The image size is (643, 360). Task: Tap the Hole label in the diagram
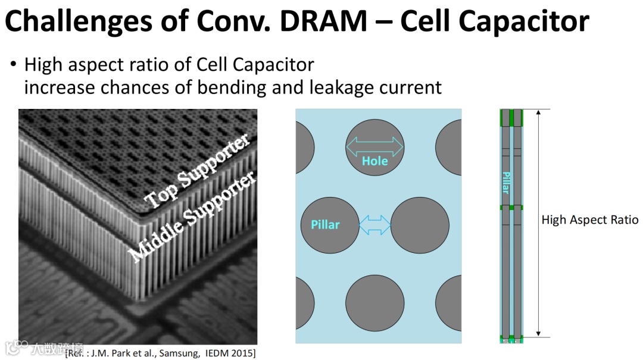pyautogui.click(x=374, y=161)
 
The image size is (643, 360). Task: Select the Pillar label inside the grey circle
pyautogui.click(x=325, y=225)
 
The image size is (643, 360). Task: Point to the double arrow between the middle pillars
pyautogui.click(x=374, y=224)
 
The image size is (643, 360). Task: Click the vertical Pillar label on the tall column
pyautogui.click(x=505, y=182)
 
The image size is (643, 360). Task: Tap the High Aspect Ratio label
pyautogui.click(x=589, y=220)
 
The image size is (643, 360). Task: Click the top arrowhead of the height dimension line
pyautogui.click(x=539, y=112)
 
